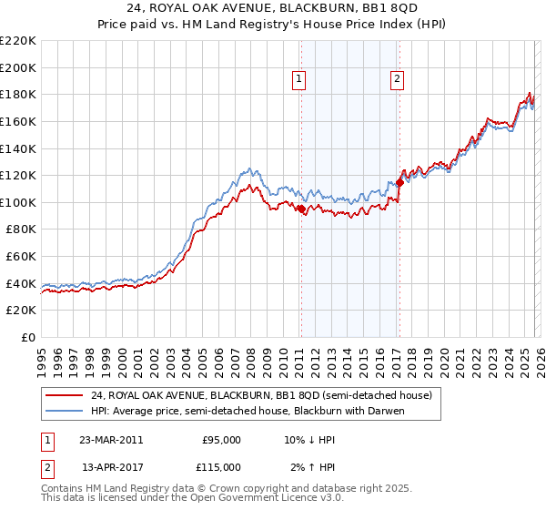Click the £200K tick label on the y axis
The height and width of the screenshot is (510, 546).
pos(18,67)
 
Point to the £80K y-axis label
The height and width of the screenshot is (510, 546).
pos(21,229)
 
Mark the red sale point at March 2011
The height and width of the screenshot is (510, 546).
pos(301,209)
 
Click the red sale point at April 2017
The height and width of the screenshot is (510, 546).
pos(399,182)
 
